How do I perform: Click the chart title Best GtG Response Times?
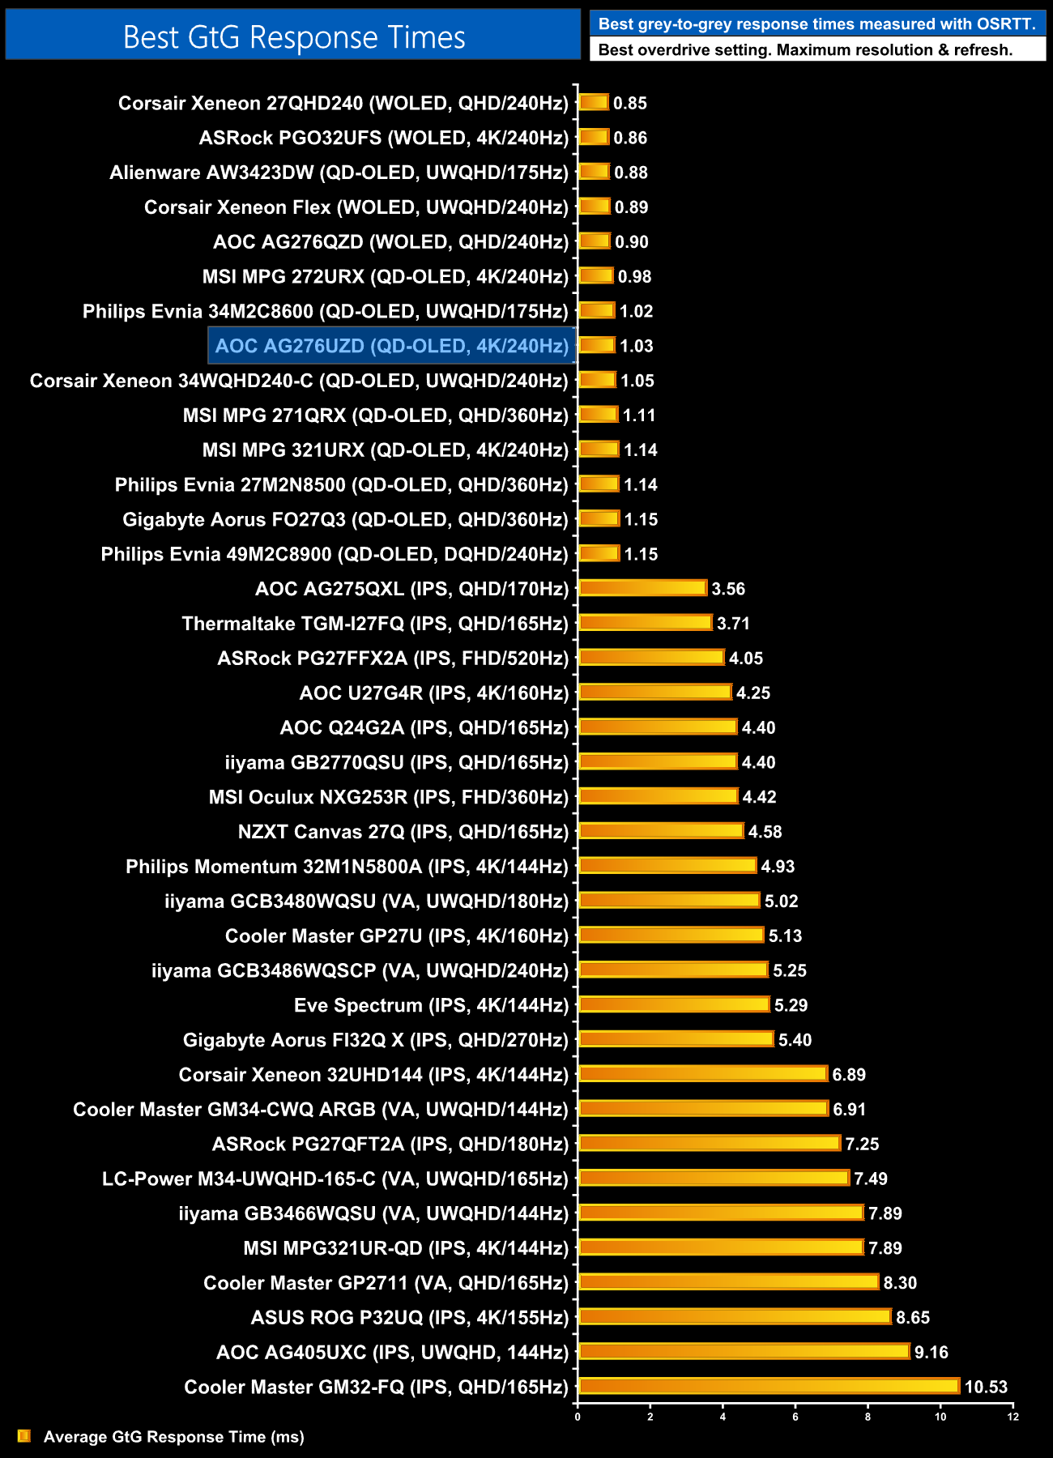pos(293,37)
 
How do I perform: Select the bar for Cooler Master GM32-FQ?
pos(769,1386)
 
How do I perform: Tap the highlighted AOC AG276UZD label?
pos(392,346)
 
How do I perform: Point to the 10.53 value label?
pos(986,1387)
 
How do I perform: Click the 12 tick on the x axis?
pos(1013,1417)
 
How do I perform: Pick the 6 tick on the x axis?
pos(795,1417)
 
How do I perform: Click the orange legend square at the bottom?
pos(24,1436)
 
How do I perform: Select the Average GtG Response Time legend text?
pos(174,1437)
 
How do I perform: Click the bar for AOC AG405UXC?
pos(744,1351)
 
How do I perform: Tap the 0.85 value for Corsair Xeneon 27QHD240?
pos(630,103)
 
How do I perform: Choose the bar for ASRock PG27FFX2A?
pos(651,657)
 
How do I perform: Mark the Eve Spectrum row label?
pos(431,1005)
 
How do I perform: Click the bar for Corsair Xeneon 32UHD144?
pos(703,1073)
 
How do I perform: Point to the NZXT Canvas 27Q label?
pos(403,832)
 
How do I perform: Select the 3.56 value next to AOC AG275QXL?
pos(728,589)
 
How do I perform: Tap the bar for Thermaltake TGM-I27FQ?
pos(646,622)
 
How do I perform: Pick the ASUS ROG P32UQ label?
pos(410,1317)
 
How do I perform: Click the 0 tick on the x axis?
pos(578,1417)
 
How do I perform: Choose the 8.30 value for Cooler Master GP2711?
pos(900,1282)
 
